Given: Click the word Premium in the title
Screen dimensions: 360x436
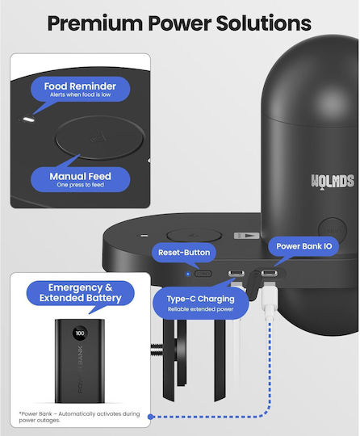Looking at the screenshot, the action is tap(94, 23).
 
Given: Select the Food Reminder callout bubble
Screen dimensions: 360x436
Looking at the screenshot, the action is tap(81, 89).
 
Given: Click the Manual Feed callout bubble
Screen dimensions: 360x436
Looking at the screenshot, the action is tap(81, 179).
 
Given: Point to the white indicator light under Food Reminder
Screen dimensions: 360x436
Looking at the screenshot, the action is tap(28, 119).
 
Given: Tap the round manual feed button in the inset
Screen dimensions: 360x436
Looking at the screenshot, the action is tap(100, 137).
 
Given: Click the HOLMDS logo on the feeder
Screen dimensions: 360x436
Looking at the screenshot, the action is tap(333, 181).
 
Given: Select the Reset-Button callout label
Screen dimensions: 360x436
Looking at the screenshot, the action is tap(184, 253).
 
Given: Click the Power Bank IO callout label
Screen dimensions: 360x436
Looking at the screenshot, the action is tap(303, 246).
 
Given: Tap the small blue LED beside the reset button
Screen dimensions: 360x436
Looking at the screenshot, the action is tap(188, 274).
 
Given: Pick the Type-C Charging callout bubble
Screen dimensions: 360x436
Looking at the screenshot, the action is tap(200, 303).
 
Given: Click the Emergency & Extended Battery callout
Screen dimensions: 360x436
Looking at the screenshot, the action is tap(81, 293).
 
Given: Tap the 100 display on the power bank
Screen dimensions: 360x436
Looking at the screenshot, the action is tap(80, 333).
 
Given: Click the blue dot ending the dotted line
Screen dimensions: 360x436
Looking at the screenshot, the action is tap(151, 417).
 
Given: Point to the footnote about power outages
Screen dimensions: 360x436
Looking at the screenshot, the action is tap(79, 417).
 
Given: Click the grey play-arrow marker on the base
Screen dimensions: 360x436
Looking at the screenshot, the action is tap(246, 236).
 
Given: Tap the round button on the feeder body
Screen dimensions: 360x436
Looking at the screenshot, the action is tap(333, 229).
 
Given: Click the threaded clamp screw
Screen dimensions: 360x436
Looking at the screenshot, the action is tap(157, 350).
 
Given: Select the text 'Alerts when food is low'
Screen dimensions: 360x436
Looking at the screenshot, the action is tap(81, 94).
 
